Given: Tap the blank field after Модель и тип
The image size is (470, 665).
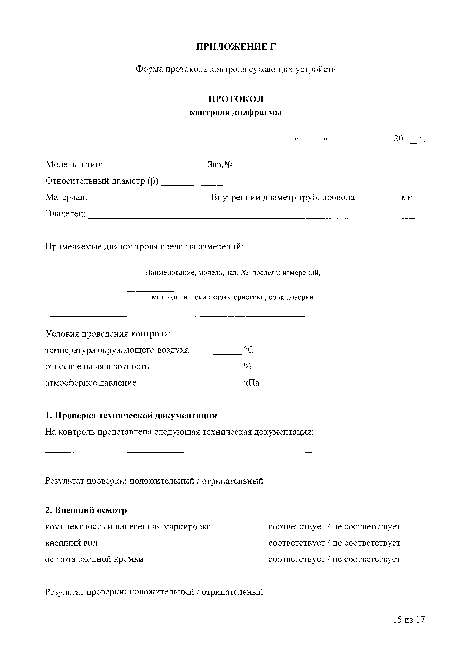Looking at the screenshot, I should pyautogui.click(x=156, y=166).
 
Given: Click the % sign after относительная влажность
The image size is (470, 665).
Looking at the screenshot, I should pyautogui.click(x=248, y=366).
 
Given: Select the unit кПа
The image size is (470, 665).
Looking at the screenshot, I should pyautogui.click(x=252, y=383).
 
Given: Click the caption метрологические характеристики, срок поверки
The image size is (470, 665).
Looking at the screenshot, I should pyautogui.click(x=232, y=297).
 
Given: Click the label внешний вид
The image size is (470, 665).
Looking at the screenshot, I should pyautogui.click(x=71, y=543).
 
